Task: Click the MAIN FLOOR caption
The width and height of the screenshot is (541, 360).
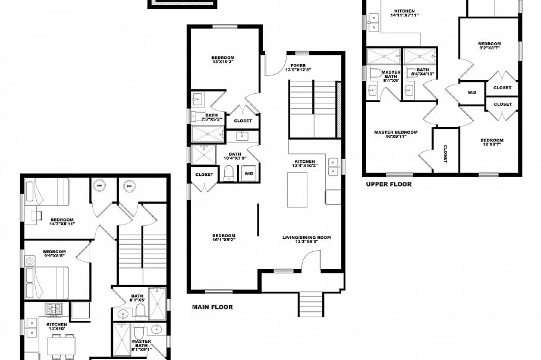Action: (x=212, y=307)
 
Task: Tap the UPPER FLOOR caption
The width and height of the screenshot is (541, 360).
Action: (x=388, y=184)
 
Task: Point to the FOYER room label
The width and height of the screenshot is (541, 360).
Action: (x=298, y=68)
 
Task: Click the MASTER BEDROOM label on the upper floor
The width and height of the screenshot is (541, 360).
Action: (x=395, y=135)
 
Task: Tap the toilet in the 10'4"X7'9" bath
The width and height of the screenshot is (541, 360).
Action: (x=228, y=173)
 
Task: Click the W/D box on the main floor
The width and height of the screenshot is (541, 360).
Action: (x=247, y=173)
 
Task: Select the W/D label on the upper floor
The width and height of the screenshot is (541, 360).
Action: (x=472, y=93)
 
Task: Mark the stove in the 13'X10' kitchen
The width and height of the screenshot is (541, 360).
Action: (x=55, y=309)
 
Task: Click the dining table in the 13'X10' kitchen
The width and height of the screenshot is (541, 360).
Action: (x=61, y=345)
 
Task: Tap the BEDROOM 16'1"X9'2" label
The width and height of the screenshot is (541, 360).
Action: (x=224, y=238)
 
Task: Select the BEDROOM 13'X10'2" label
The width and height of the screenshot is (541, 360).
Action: (x=224, y=60)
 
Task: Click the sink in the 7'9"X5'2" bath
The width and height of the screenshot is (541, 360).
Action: (x=198, y=98)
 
